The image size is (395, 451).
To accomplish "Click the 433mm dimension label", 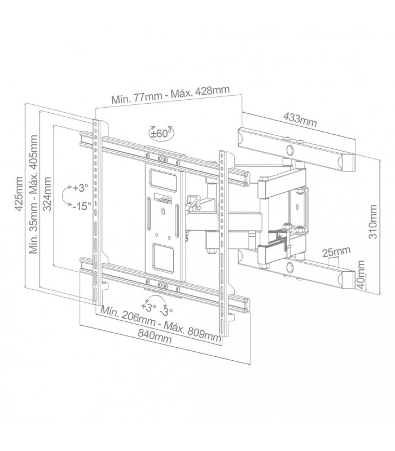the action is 300,120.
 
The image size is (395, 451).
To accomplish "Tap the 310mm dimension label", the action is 373,222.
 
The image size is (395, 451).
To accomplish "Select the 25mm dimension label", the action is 336,251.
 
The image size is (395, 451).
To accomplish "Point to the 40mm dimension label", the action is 361,275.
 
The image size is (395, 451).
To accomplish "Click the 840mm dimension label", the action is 155,336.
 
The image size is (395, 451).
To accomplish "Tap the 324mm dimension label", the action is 47,194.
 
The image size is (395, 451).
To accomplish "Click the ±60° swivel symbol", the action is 161,133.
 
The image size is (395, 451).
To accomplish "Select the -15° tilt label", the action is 81,206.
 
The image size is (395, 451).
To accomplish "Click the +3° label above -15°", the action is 80,188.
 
